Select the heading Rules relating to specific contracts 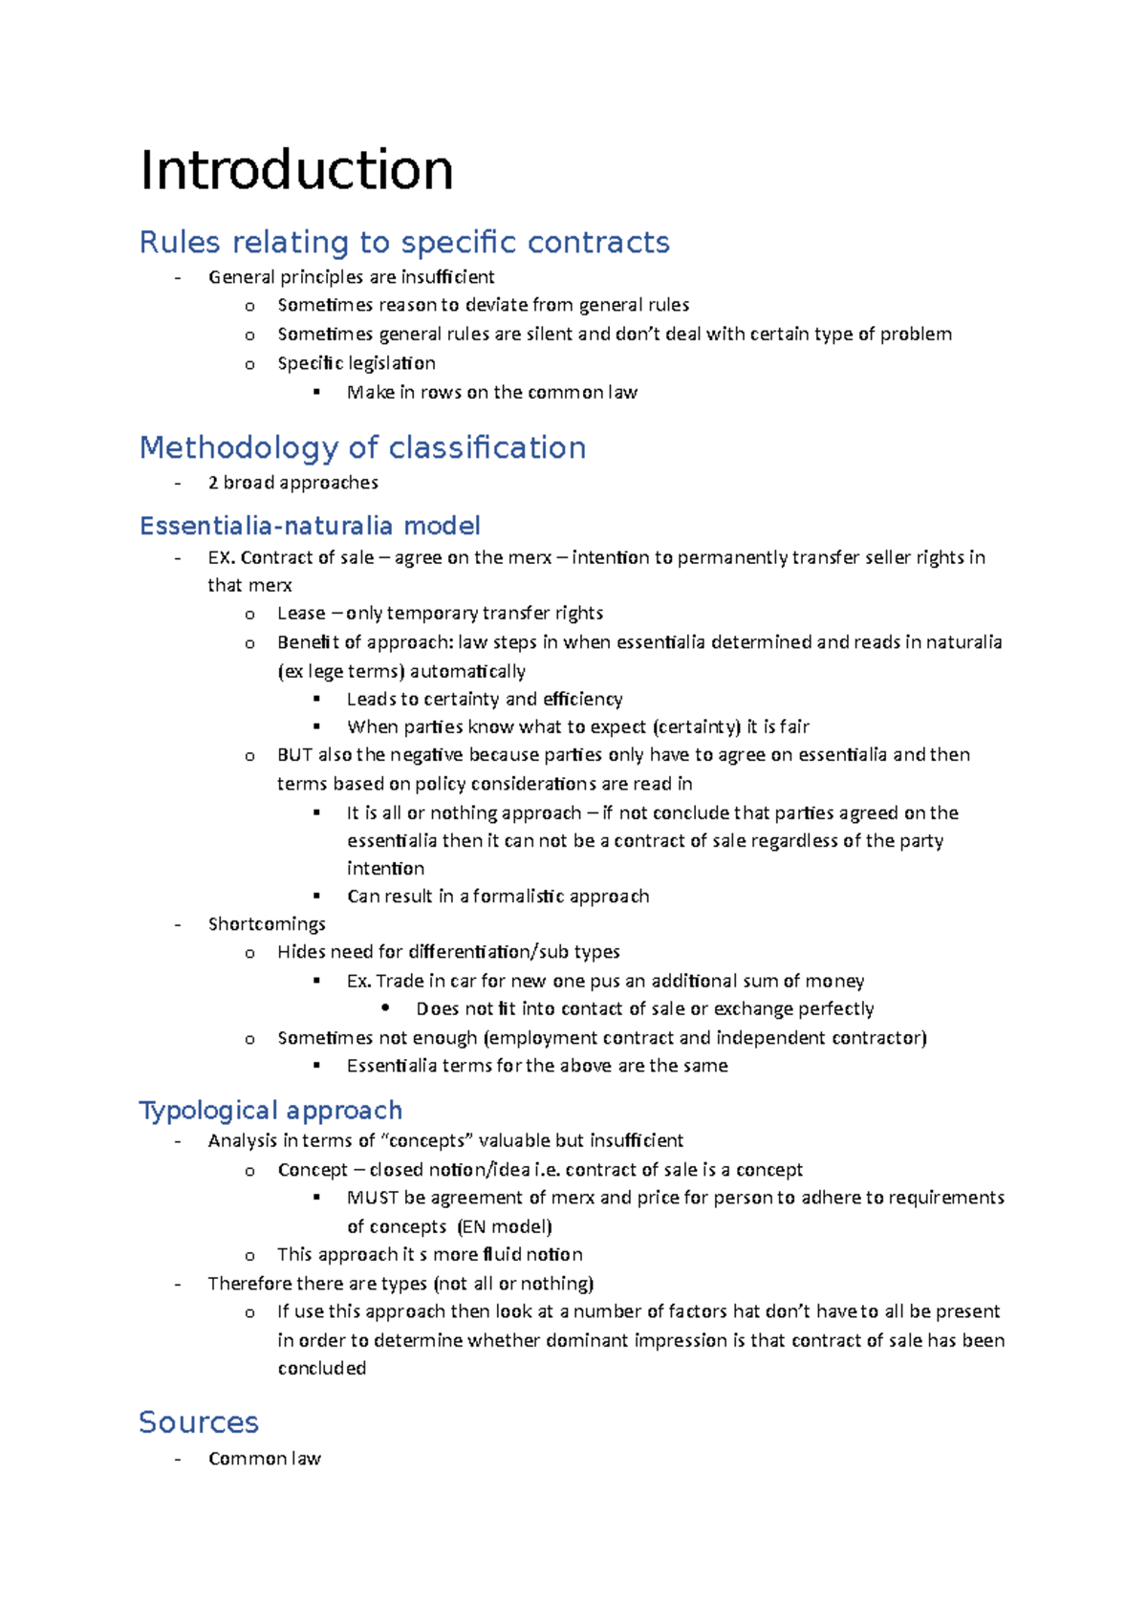pyautogui.click(x=404, y=242)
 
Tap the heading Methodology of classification pyautogui.click(x=362, y=447)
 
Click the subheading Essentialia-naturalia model pyautogui.click(x=310, y=526)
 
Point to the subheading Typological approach pyautogui.click(x=271, y=1110)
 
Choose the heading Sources pyautogui.click(x=199, y=1422)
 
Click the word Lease pyautogui.click(x=301, y=613)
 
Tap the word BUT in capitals pyautogui.click(x=294, y=755)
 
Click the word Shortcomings pyautogui.click(x=267, y=924)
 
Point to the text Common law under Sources pyautogui.click(x=265, y=1459)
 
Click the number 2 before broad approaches pyautogui.click(x=213, y=483)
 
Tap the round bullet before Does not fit pyautogui.click(x=385, y=1008)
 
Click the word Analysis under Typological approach pyautogui.click(x=242, y=1140)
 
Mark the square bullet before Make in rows pyautogui.click(x=316, y=392)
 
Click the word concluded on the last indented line pyautogui.click(x=322, y=1369)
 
